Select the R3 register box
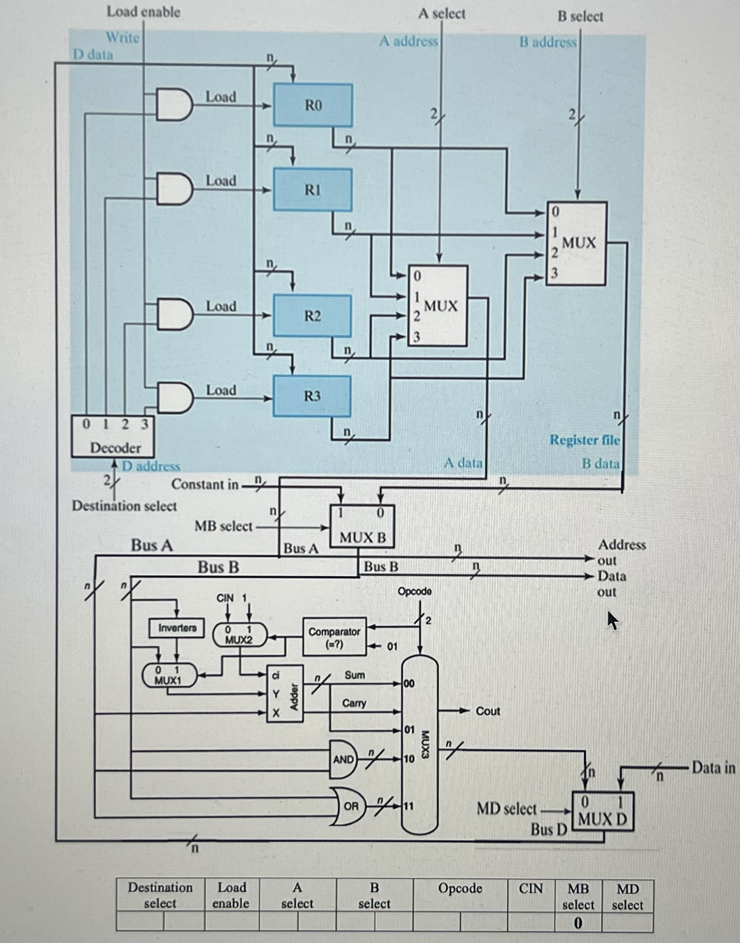point(312,396)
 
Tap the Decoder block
point(113,436)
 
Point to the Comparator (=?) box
point(334,637)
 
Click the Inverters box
point(177,628)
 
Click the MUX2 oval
point(239,635)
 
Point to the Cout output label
point(487,711)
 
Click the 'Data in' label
point(713,768)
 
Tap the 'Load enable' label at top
point(143,12)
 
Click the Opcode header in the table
point(460,888)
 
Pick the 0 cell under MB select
point(578,923)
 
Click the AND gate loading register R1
point(173,189)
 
